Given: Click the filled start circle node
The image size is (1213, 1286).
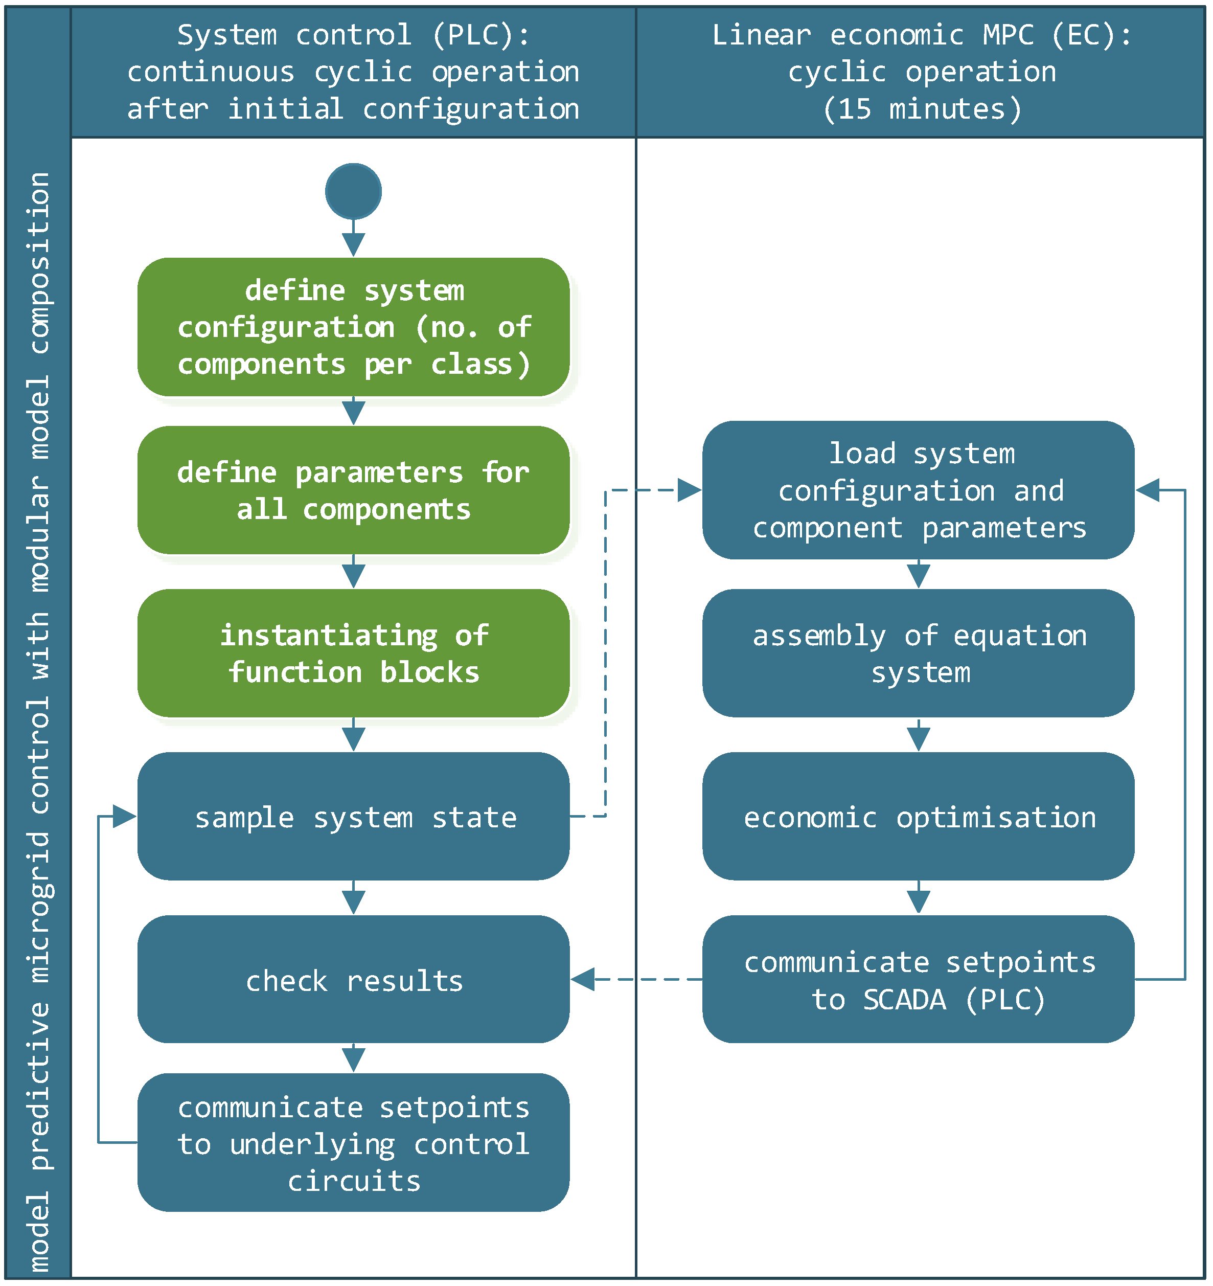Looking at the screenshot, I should (x=353, y=191).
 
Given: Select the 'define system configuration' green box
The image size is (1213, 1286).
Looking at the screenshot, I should (x=353, y=327).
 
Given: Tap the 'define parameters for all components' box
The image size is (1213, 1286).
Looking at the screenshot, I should (x=353, y=490).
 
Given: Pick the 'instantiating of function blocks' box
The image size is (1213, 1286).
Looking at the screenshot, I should (x=353, y=653).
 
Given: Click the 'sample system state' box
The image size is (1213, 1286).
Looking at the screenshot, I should (x=353, y=817).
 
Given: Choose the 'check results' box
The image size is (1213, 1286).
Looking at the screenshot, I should (x=353, y=979).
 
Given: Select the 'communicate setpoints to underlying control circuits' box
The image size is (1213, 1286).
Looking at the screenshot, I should (x=353, y=1143).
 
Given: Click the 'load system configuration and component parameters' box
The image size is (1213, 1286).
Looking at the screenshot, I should (x=918, y=490).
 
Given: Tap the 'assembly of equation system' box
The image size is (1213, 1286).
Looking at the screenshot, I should (x=918, y=653).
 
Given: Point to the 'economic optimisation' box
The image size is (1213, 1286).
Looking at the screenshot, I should (x=918, y=817).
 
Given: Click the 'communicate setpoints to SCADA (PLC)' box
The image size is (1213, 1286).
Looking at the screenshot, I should (x=918, y=979).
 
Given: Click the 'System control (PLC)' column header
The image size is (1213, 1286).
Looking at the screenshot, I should (x=353, y=72).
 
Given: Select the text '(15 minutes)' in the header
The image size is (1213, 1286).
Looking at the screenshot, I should (x=922, y=109).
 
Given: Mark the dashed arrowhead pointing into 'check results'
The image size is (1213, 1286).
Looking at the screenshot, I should (x=583, y=979).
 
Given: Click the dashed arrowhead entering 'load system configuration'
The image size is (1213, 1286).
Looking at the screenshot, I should (x=689, y=490).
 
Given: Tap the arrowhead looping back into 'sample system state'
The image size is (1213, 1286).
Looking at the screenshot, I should (x=124, y=817).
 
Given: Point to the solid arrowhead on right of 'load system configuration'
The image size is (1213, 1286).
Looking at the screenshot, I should (x=1148, y=490).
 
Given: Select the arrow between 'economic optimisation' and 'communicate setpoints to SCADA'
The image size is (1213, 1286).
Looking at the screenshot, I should (x=918, y=898).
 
